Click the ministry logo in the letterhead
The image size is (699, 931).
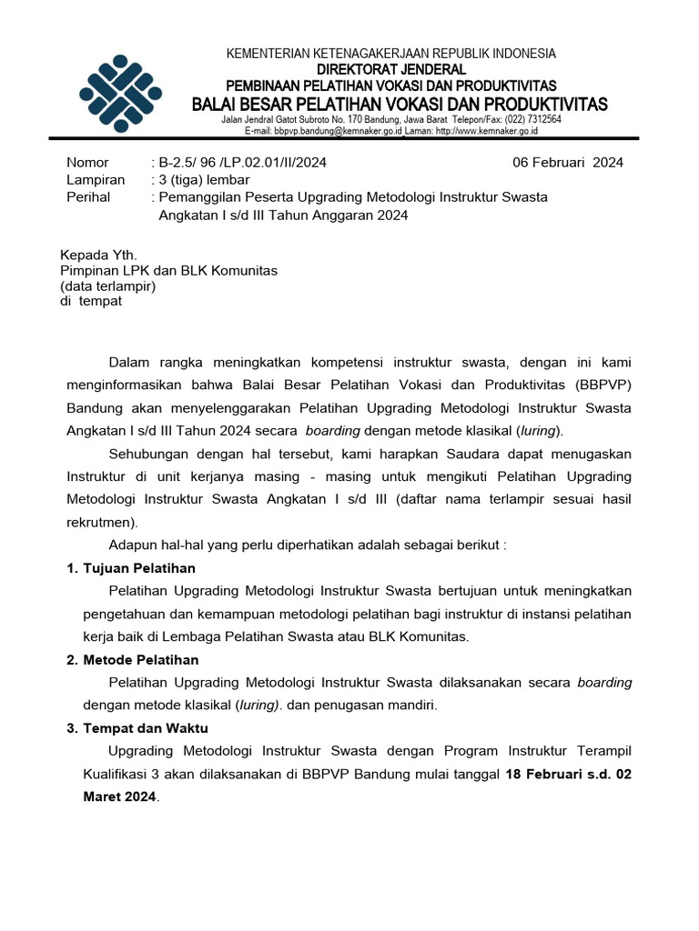coord(120,94)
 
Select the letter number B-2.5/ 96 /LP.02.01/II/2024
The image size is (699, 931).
coord(242,163)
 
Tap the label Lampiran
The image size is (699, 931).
coord(96,180)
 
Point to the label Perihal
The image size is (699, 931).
coord(88,196)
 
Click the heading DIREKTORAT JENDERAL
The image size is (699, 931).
coord(391,69)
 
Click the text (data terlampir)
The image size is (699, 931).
coord(108,285)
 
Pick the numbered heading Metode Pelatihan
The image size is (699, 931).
coord(140,659)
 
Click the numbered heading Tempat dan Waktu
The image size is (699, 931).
coord(146,728)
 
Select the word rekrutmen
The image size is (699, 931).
coord(101,522)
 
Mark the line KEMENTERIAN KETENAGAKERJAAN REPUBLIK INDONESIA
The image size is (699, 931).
coord(391,55)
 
